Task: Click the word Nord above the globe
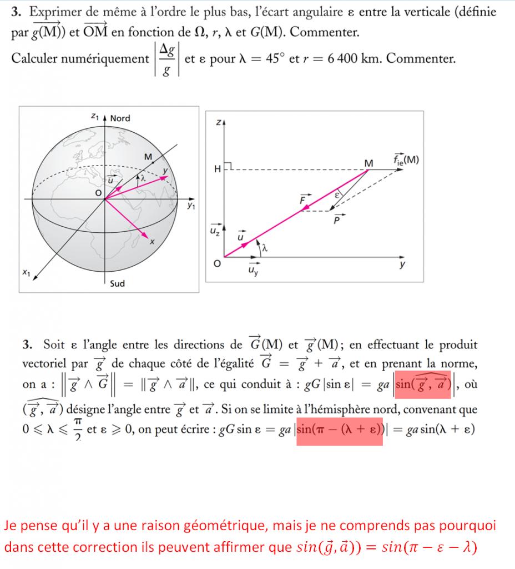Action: coord(120,118)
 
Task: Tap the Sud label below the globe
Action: coord(117,283)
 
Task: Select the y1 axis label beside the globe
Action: coord(191,206)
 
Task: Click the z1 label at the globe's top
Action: coord(94,117)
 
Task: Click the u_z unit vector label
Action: coord(214,229)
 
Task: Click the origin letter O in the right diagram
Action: coord(218,263)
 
